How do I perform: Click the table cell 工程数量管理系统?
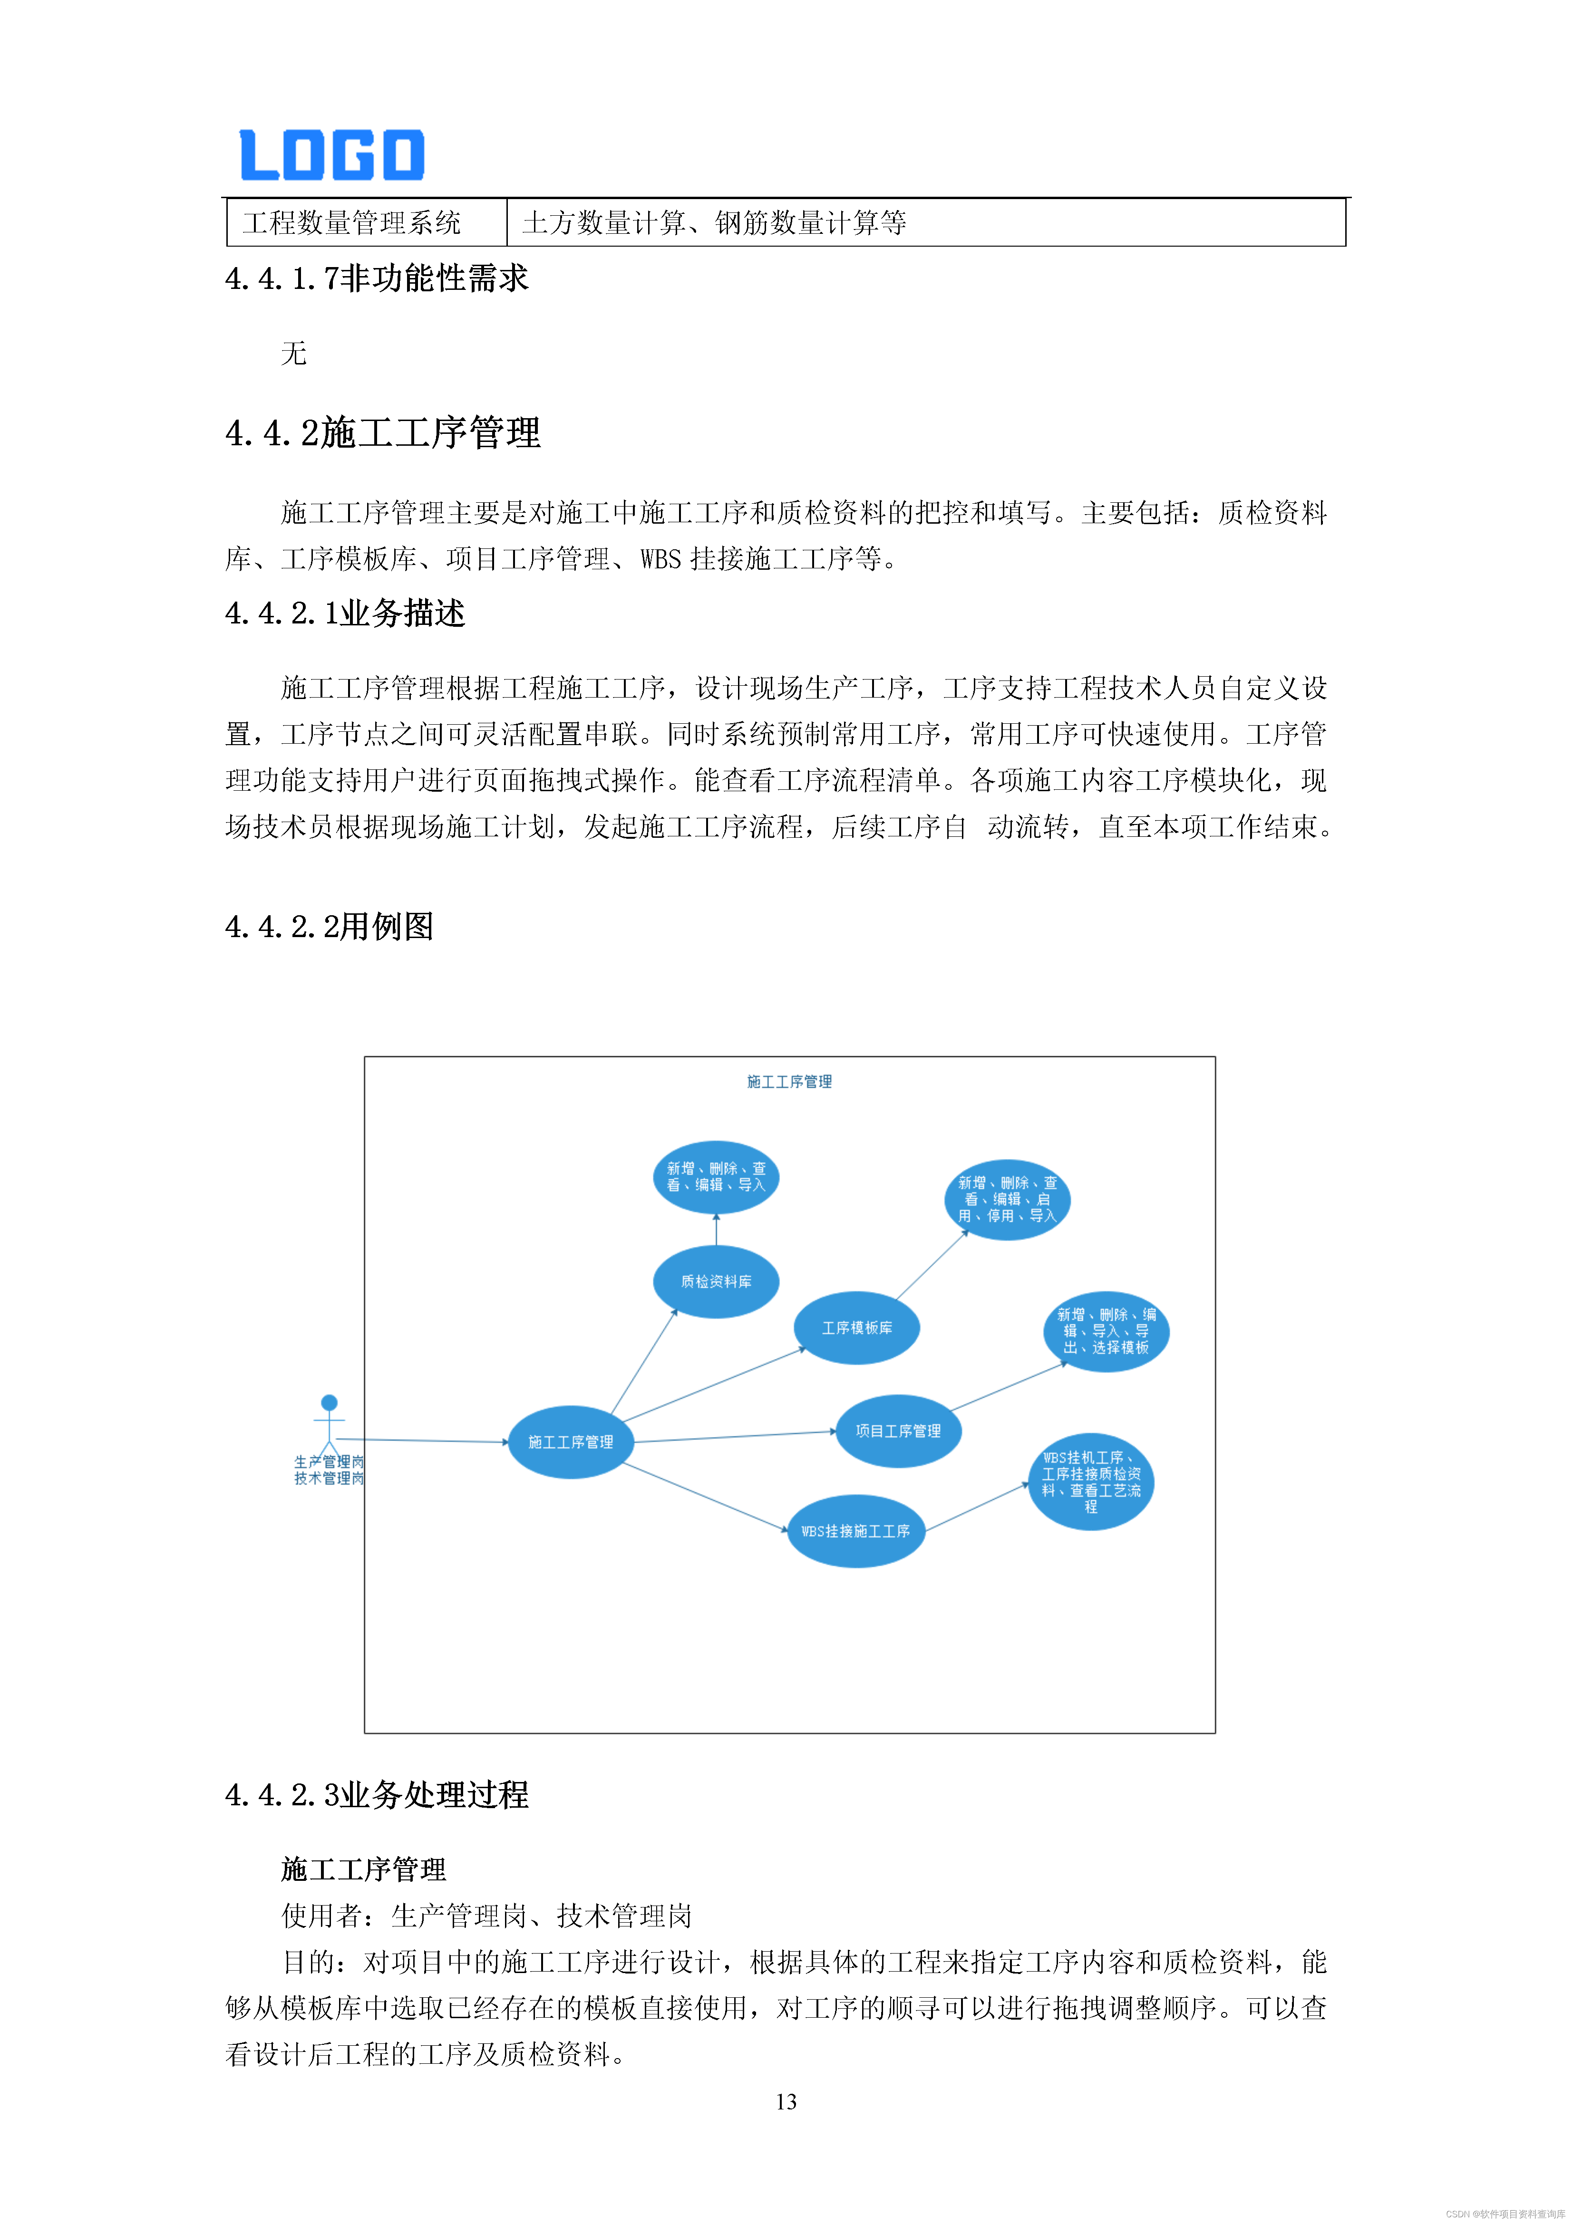click(351, 223)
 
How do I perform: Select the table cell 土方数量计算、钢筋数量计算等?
click(714, 223)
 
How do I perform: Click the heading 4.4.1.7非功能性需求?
click(377, 279)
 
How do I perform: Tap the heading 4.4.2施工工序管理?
click(383, 433)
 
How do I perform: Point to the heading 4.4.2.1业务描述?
click(345, 613)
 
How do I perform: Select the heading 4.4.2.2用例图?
click(330, 927)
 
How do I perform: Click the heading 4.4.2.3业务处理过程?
click(377, 1794)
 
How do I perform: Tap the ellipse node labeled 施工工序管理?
click(571, 1442)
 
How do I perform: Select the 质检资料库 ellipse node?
click(716, 1281)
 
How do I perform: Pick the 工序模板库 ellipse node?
click(856, 1327)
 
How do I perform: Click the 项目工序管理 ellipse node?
click(898, 1430)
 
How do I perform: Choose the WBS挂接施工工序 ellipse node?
click(855, 1531)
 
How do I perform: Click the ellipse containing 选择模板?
click(1106, 1332)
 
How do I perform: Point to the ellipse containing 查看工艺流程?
click(1091, 1481)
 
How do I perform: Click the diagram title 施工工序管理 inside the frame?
click(789, 1082)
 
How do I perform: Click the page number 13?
click(786, 2101)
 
